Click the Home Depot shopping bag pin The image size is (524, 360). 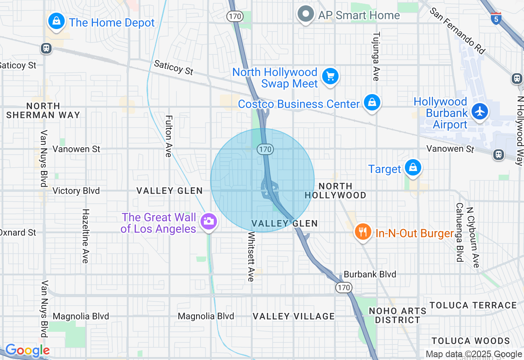click(x=56, y=20)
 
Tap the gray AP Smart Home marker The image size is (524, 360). click(x=305, y=14)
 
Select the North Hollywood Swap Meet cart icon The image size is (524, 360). click(x=330, y=76)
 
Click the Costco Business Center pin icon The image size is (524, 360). click(x=372, y=102)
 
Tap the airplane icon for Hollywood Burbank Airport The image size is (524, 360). click(x=480, y=111)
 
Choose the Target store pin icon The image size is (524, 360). click(x=413, y=168)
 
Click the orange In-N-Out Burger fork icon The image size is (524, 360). click(x=362, y=232)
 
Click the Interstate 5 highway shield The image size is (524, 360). click(x=496, y=18)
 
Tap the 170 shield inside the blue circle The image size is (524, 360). click(x=265, y=149)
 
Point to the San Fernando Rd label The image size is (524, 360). click(x=457, y=30)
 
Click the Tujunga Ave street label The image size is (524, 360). click(x=376, y=56)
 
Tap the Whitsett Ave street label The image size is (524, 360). click(x=251, y=256)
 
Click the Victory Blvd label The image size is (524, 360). click(x=76, y=191)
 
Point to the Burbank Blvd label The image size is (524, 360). click(x=370, y=274)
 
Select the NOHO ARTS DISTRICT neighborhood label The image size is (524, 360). click(x=398, y=315)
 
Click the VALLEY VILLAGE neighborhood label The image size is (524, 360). click(x=294, y=316)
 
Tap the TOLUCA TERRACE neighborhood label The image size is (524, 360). click(x=473, y=305)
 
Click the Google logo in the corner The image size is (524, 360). click(x=27, y=351)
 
